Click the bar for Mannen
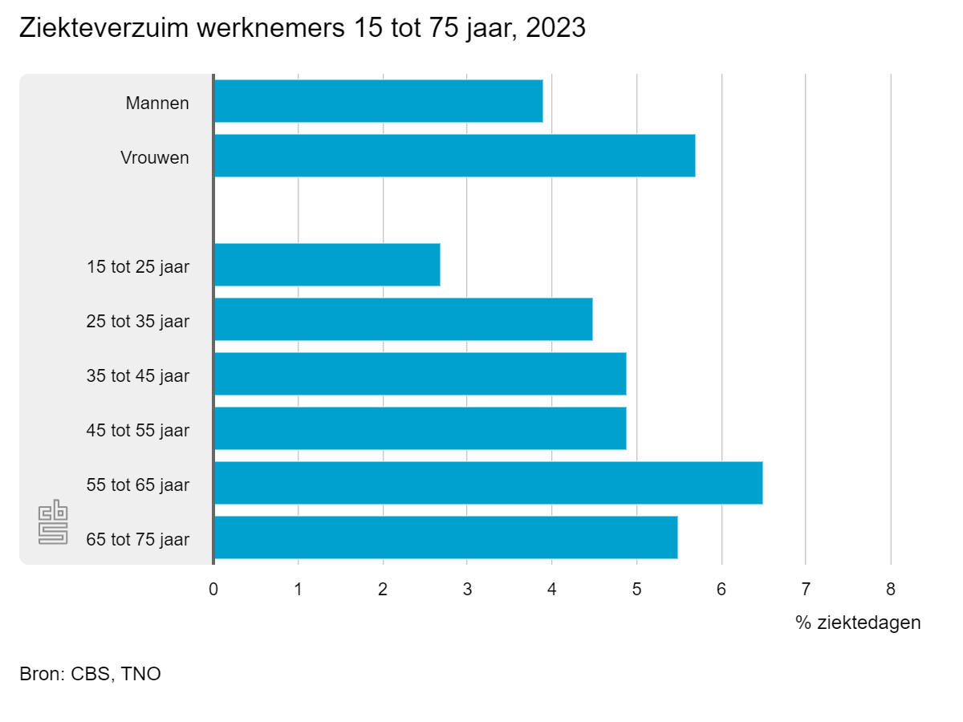[x=378, y=101]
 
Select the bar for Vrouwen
[x=454, y=156]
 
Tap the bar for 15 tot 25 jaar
[x=327, y=265]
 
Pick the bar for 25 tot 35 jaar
[x=403, y=319]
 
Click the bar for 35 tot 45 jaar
[x=420, y=374]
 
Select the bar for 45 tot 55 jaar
[x=420, y=428]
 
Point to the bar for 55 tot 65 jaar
[x=488, y=483]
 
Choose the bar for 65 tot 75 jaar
[x=445, y=537]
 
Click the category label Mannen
[x=157, y=103]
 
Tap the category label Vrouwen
[x=155, y=157]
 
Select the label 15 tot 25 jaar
[x=138, y=266]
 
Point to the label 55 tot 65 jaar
[x=138, y=485]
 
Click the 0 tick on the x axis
[x=213, y=590]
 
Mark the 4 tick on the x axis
[x=552, y=590]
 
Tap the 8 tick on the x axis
[x=890, y=590]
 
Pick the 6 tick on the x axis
[x=721, y=590]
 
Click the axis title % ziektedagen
[x=858, y=623]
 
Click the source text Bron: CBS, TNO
[x=90, y=674]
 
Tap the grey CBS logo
[x=54, y=523]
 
